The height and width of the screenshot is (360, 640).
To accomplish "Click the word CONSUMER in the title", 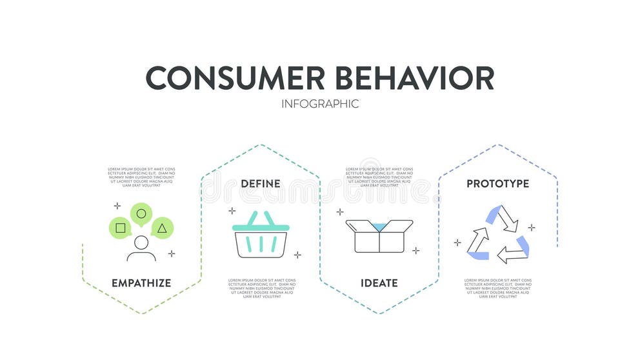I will click(x=235, y=77).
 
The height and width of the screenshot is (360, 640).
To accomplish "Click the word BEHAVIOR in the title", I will click(x=414, y=77).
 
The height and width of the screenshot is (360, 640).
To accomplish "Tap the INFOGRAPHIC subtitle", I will click(x=320, y=104).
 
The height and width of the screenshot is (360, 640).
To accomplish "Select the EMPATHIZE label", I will click(x=141, y=283).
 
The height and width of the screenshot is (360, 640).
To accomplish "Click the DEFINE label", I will click(x=261, y=184).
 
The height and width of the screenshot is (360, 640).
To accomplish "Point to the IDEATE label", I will click(x=379, y=283).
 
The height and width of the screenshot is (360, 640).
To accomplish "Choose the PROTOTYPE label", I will click(x=497, y=184).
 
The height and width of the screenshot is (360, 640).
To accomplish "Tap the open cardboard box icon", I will click(x=379, y=235).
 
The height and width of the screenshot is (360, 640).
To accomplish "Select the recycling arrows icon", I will click(x=497, y=234).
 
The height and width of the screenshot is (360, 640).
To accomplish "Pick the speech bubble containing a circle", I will click(x=141, y=214).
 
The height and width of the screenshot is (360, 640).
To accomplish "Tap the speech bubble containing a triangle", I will click(x=162, y=228).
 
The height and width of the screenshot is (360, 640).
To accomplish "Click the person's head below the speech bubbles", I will click(x=141, y=243).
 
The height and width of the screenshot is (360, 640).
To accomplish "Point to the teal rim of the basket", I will click(x=261, y=227).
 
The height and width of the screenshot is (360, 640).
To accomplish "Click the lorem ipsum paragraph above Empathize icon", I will click(x=141, y=177).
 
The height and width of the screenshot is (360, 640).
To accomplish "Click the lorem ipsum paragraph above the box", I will click(x=379, y=177).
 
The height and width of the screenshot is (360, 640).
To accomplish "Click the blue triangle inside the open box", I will click(x=379, y=224).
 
